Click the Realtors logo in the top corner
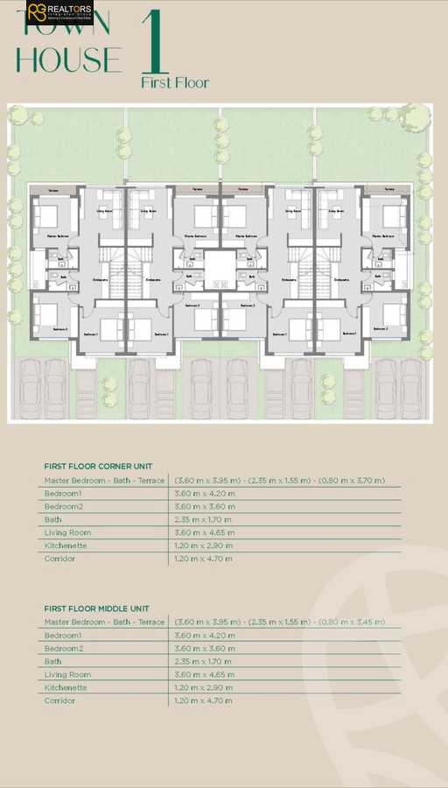58,13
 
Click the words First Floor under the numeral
175,82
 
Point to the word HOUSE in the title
69,60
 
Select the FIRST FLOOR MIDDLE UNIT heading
97,608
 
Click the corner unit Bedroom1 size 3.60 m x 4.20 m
205,494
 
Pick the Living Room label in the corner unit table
67,532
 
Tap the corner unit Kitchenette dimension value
205,545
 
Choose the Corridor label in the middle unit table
59,700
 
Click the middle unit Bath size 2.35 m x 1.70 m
203,661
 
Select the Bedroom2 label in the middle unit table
64,648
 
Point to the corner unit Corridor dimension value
203,558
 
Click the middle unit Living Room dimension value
205,674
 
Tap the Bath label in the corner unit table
53,519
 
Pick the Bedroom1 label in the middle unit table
63,635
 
